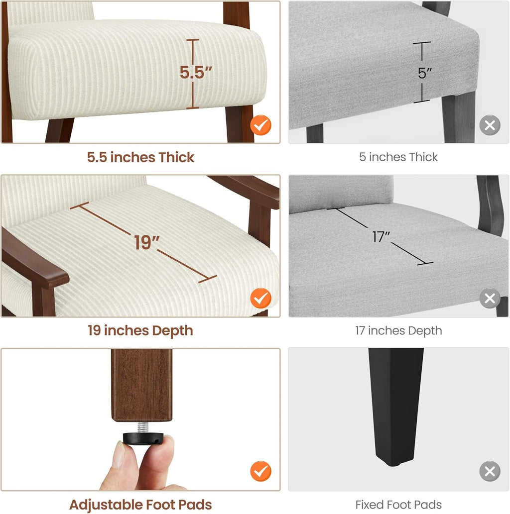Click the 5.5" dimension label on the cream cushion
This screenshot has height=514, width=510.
[196, 73]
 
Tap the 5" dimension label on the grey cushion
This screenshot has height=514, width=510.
[425, 73]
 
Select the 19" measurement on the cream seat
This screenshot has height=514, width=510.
[146, 243]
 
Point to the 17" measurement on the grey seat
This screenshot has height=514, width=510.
[381, 237]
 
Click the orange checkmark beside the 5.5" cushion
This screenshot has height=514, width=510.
[260, 125]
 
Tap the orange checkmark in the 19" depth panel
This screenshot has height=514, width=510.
[260, 299]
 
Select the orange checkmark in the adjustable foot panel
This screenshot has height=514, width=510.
[260, 471]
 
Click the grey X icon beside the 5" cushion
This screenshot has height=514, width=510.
[490, 125]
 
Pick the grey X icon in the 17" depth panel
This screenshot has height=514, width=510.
[490, 299]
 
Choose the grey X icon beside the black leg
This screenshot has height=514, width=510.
[490, 471]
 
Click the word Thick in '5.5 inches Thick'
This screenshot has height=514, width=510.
[177, 157]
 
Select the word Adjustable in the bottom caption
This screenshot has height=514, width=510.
[106, 505]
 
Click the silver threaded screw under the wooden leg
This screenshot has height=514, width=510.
[143, 427]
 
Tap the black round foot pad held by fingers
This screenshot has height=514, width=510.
[143, 438]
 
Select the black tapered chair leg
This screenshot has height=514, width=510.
[396, 407]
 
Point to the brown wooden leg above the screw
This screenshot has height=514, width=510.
[141, 385]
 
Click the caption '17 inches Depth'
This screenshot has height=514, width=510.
[398, 331]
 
